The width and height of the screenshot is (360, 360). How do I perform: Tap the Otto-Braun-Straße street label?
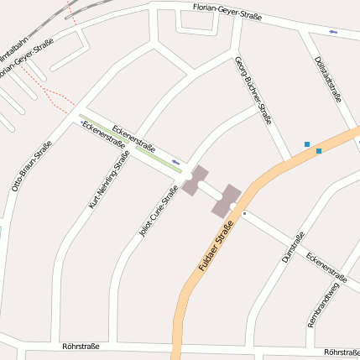click(31, 166)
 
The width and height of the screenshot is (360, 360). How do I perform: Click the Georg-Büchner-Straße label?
click(254, 89)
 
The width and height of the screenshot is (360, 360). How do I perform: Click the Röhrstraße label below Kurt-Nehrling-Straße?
click(81, 345)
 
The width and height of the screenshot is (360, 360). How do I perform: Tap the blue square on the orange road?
click(319, 151)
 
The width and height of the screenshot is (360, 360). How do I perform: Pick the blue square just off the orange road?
click(307, 144)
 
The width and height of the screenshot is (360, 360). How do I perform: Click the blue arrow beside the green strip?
click(175, 160)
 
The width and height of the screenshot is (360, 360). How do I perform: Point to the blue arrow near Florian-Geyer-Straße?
click(334, 33)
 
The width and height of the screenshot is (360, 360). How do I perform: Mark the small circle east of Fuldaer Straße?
click(244, 214)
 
